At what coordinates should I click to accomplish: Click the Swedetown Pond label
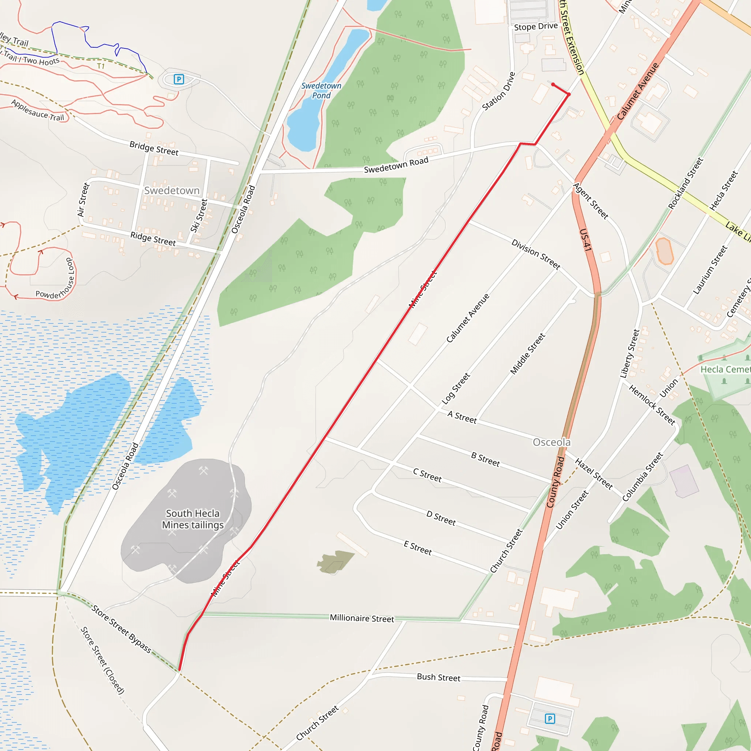click(321, 91)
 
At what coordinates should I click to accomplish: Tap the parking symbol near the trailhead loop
click(179, 79)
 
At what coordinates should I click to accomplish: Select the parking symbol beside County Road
click(550, 718)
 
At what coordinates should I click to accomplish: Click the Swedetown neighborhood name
click(172, 190)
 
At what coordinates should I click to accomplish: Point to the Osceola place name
click(552, 442)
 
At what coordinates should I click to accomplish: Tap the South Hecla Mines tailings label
click(193, 519)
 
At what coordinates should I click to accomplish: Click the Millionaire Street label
click(362, 618)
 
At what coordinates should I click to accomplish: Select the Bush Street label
click(439, 678)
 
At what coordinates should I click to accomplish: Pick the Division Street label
click(536, 254)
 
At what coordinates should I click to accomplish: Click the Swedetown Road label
click(396, 165)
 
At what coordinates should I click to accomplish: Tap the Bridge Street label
click(154, 149)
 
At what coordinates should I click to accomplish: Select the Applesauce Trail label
click(38, 110)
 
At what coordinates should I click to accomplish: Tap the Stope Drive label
click(536, 27)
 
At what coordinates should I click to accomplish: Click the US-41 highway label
click(585, 240)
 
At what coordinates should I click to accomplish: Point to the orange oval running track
click(664, 251)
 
